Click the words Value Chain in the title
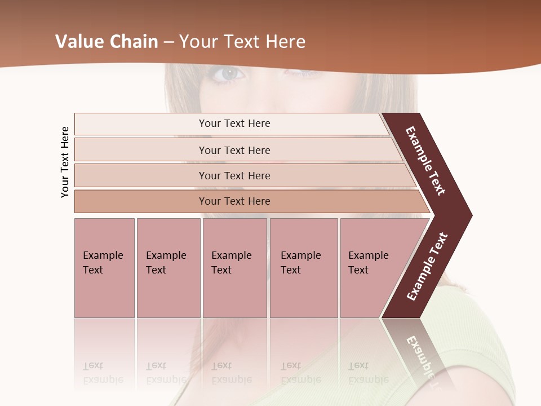[107, 42]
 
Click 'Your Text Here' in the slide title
[242, 42]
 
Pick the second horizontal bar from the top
[234, 150]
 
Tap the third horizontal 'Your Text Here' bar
[234, 175]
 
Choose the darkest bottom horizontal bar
[234, 201]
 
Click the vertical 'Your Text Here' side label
[65, 162]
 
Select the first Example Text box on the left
[104, 267]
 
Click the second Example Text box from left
[168, 267]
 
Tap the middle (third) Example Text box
[234, 267]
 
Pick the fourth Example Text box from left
[303, 267]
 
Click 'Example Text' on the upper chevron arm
[425, 161]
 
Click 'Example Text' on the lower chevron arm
[427, 266]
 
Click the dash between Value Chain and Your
[168, 42]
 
